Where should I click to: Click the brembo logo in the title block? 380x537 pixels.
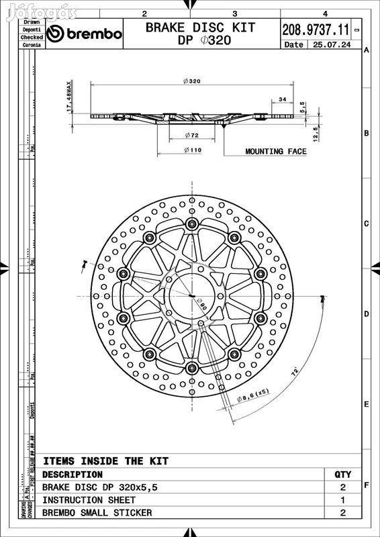pyautogui.click(x=85, y=34)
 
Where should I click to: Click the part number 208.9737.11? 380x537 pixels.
pyautogui.click(x=315, y=30)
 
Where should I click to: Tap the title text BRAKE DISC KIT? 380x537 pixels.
pyautogui.click(x=200, y=28)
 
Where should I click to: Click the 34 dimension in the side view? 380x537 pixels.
pyautogui.click(x=282, y=99)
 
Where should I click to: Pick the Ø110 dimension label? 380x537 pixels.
pyautogui.click(x=192, y=150)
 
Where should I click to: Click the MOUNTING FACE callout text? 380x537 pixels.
pyautogui.click(x=275, y=152)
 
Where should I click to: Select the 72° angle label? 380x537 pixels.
pyautogui.click(x=294, y=371)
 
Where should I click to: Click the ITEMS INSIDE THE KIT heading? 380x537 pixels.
pyautogui.click(x=105, y=461)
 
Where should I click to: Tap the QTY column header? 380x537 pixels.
pyautogui.click(x=342, y=475)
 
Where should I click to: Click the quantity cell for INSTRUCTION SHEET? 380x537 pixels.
pyautogui.click(x=342, y=500)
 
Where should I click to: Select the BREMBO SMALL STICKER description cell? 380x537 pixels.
pyautogui.click(x=97, y=513)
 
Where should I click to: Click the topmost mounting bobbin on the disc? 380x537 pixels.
pyautogui.click(x=192, y=224)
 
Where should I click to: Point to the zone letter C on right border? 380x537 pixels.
pyautogui.click(x=366, y=224)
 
